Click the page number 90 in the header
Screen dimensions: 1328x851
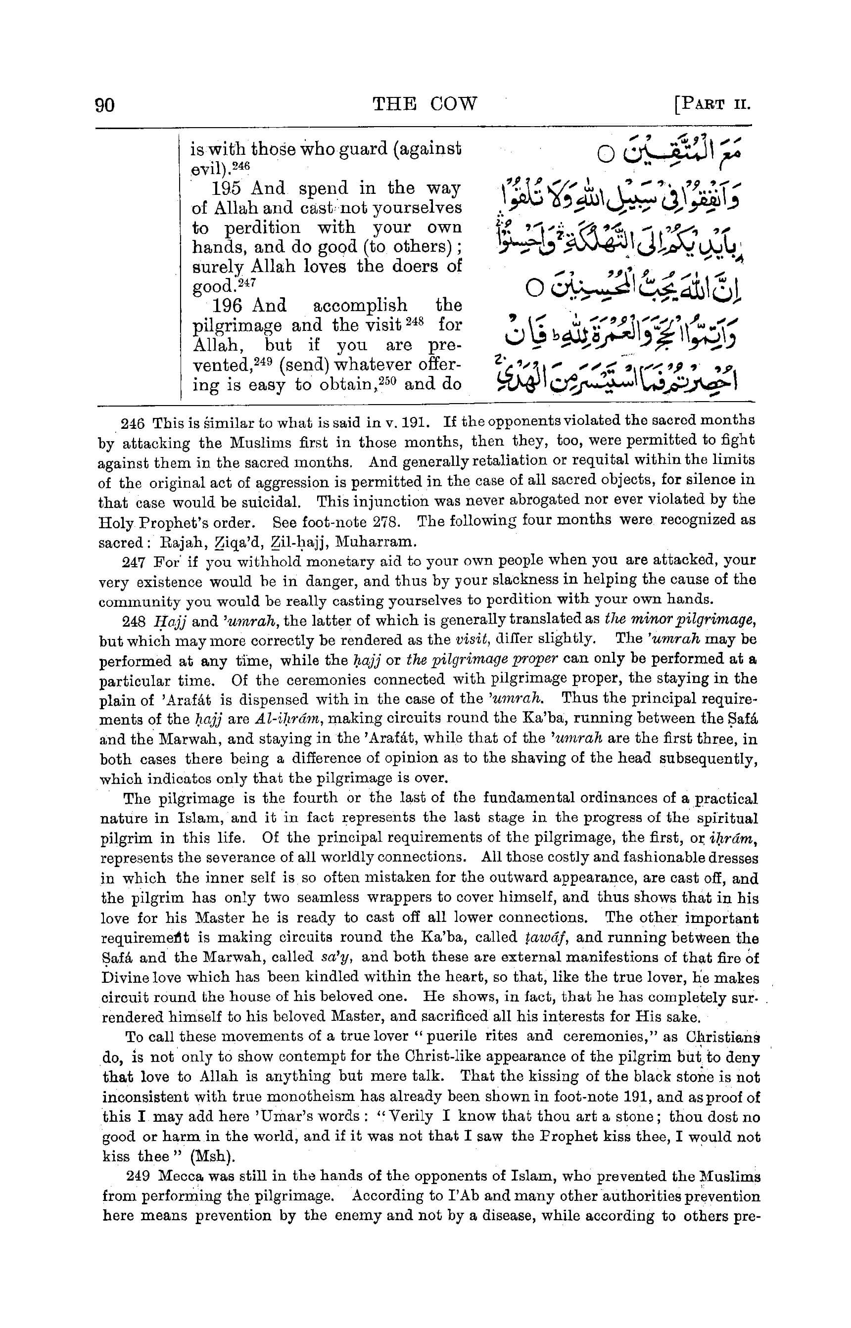pyautogui.click(x=105, y=104)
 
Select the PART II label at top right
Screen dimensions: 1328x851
pyautogui.click(x=712, y=104)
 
